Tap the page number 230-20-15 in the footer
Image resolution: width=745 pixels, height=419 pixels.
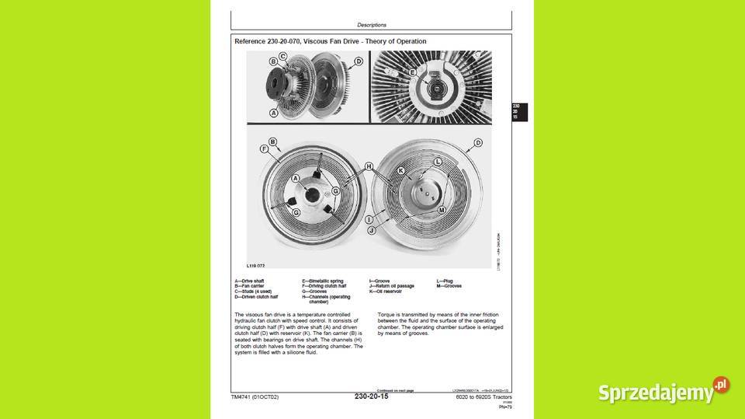[371, 396]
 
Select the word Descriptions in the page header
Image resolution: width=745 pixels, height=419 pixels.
[372, 25]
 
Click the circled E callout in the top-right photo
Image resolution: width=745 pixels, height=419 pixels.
[412, 72]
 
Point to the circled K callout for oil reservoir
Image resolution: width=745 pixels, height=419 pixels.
[401, 170]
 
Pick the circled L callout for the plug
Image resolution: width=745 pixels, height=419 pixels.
[438, 161]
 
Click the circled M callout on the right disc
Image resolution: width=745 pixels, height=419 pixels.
[442, 211]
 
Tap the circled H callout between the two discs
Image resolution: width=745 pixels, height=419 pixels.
[369, 166]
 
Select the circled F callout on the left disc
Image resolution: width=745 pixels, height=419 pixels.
[264, 148]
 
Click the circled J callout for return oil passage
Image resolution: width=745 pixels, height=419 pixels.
[371, 231]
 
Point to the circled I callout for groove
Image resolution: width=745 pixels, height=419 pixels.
[369, 220]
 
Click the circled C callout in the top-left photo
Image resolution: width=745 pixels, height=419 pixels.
[282, 56]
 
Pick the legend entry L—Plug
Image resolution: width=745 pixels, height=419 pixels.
[445, 281]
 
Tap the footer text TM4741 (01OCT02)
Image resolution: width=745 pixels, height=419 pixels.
[255, 397]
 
